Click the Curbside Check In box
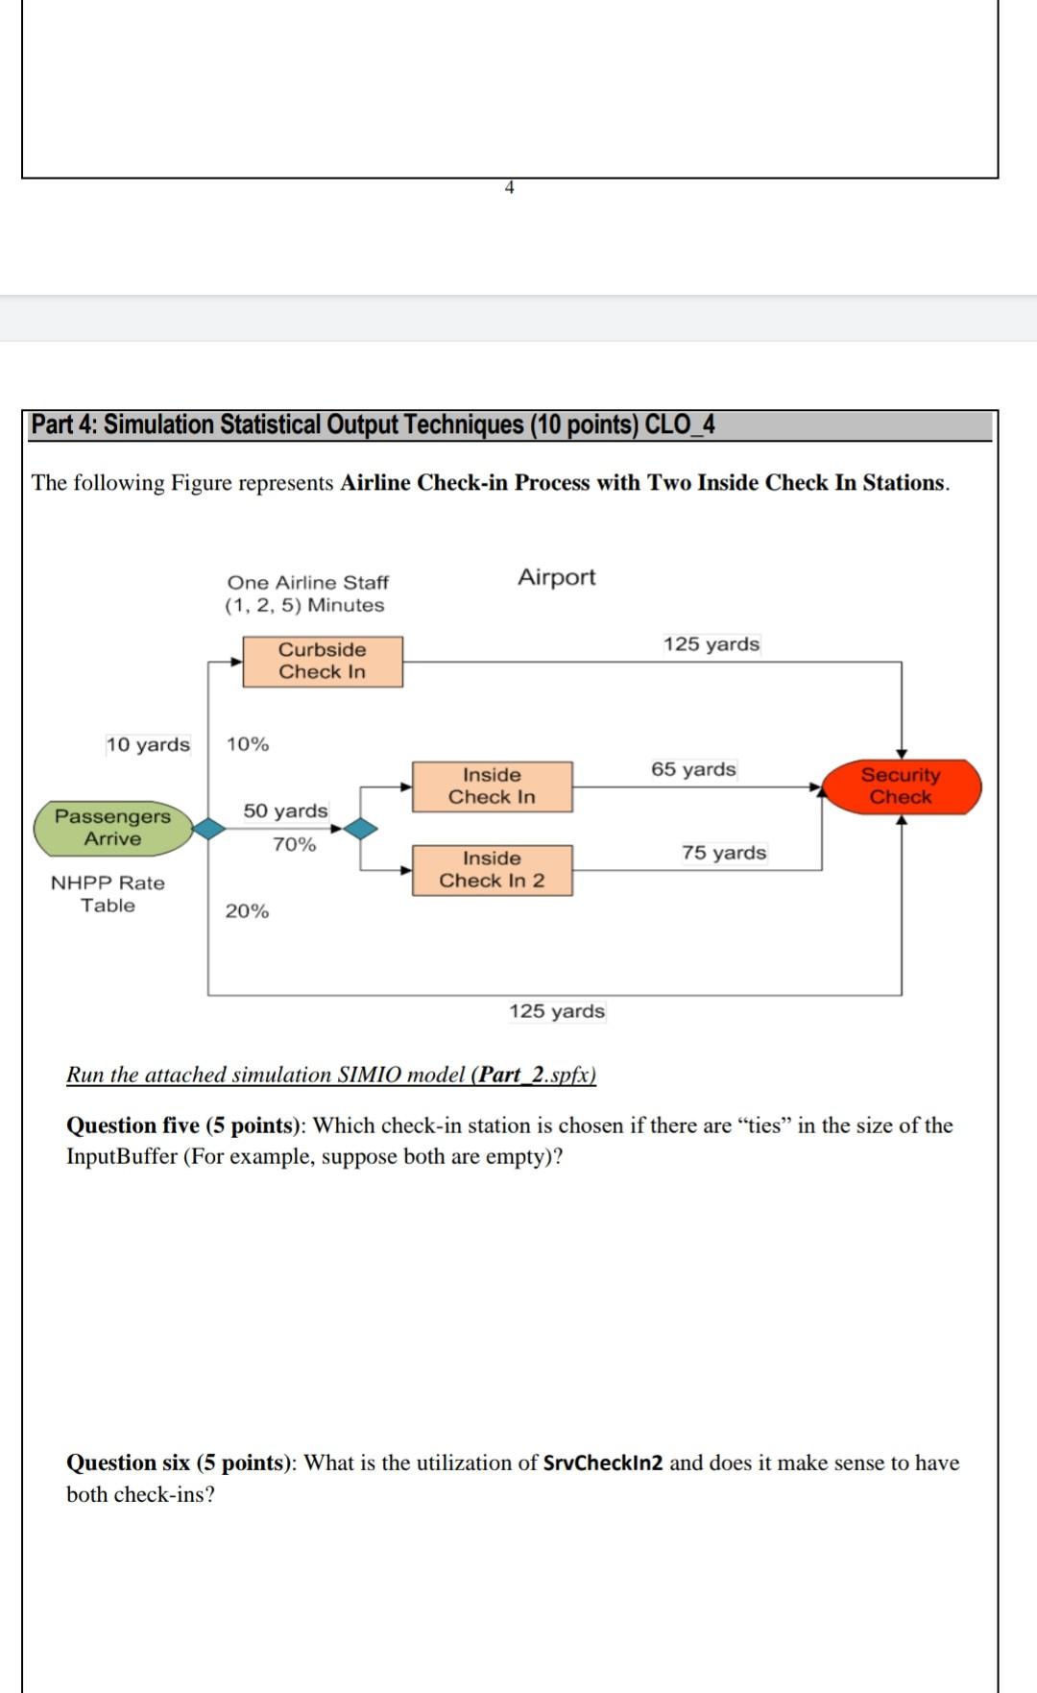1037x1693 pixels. (323, 661)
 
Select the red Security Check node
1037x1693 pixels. (901, 786)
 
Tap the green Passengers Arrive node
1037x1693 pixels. (113, 828)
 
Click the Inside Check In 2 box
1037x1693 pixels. (492, 870)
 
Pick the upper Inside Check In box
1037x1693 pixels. (492, 786)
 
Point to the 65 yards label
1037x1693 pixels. (693, 769)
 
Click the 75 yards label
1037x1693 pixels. (724, 853)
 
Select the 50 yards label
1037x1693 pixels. (285, 810)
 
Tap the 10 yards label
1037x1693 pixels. (148, 744)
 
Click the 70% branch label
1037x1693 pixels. (294, 844)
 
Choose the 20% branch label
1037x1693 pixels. (247, 910)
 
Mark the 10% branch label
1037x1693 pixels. (248, 744)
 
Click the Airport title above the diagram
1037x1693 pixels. (557, 577)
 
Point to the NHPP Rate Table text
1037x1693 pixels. (108, 894)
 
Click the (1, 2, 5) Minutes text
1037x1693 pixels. (304, 605)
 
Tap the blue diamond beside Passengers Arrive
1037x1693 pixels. (207, 828)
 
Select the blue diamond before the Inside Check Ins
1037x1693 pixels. (360, 828)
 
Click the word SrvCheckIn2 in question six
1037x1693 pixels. (603, 1463)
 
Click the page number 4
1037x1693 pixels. (509, 188)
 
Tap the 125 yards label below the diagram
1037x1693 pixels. (557, 1011)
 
